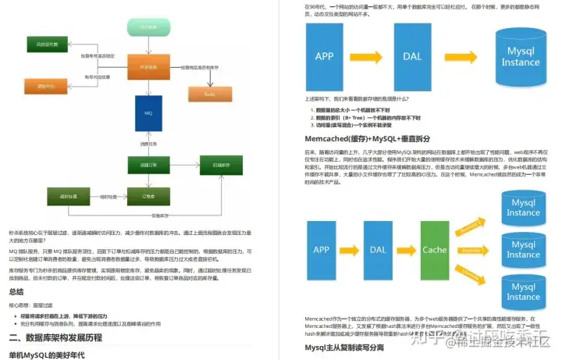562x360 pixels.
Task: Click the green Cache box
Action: click(435, 250)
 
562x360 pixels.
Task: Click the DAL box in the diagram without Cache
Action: click(412, 56)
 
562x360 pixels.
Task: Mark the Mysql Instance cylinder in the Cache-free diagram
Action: click(521, 56)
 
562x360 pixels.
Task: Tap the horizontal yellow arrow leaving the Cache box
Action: click(471, 251)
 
